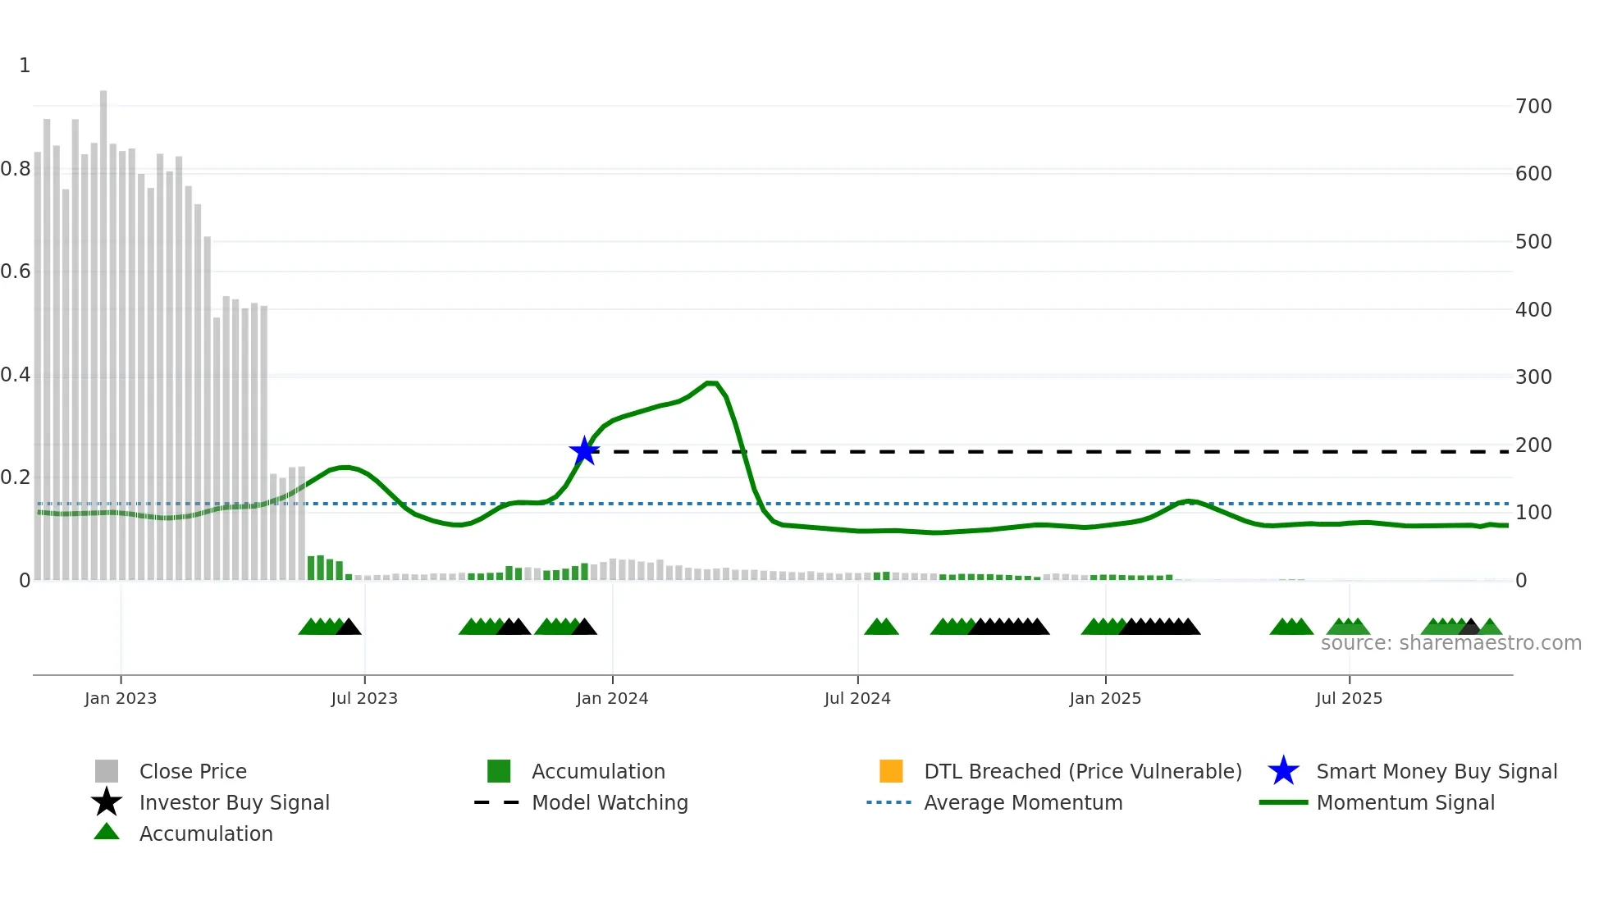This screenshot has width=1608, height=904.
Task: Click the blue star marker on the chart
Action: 584,450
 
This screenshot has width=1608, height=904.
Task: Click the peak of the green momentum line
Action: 711,383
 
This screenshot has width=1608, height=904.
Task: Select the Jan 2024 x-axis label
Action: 612,698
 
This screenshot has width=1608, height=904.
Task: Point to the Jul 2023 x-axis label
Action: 364,698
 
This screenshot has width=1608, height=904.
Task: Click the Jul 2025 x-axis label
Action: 1349,698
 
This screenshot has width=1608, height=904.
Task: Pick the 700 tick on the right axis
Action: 1533,107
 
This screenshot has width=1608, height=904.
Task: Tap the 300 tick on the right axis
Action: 1533,377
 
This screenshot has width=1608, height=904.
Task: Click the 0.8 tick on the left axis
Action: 16,169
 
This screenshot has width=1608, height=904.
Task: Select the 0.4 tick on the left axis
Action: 16,375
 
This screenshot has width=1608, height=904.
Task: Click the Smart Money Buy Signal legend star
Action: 1283,771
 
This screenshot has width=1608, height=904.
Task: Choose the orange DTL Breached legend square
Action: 891,771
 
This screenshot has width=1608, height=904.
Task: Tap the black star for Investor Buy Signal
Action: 107,802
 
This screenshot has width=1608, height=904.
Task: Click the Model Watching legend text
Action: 610,802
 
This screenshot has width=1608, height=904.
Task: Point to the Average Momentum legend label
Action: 1023,802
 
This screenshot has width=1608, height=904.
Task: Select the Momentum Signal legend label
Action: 1405,802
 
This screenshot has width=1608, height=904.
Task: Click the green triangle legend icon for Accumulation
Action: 107,832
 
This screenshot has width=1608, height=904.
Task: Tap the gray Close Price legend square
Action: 107,771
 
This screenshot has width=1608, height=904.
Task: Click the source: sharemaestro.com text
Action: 1450,643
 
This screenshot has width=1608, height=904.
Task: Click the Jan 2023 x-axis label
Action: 121,698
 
